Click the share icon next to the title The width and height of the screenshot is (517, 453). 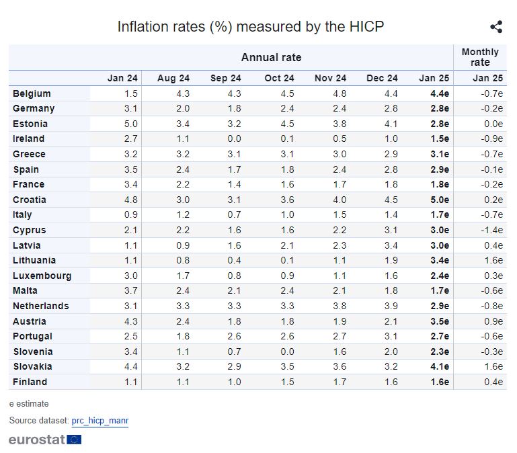[x=496, y=27]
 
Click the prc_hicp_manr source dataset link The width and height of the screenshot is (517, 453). [x=100, y=421]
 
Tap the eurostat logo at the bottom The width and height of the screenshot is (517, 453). [x=45, y=440]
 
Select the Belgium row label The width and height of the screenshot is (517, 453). [x=32, y=93]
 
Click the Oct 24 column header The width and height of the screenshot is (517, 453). [x=279, y=79]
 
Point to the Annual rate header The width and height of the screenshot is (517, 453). [x=271, y=57]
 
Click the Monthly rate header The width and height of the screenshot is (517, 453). [x=480, y=57]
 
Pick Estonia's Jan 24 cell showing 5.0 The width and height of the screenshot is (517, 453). [x=131, y=124]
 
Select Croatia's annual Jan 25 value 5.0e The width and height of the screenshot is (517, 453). [x=439, y=200]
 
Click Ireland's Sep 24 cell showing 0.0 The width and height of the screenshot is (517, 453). [x=234, y=138]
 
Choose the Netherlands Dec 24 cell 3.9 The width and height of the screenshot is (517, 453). [x=391, y=306]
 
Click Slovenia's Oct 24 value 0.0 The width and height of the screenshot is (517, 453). [x=287, y=352]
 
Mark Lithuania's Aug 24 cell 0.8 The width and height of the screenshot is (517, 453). [x=182, y=260]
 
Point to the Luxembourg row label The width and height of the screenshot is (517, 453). [x=42, y=276]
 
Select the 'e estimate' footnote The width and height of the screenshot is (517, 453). [x=29, y=404]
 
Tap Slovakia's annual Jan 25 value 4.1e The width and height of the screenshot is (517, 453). [x=439, y=366]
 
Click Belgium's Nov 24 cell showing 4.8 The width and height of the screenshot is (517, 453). [x=340, y=93]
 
